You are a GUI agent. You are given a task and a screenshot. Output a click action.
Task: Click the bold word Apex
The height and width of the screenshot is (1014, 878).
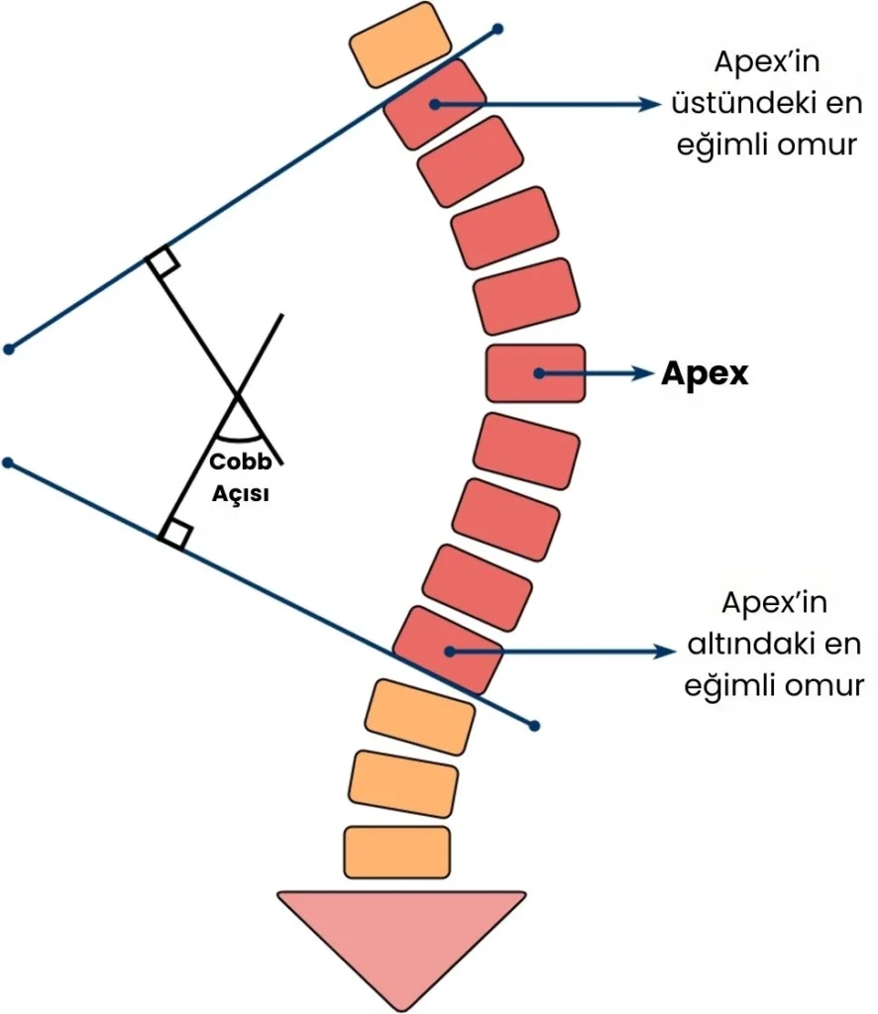[x=705, y=374]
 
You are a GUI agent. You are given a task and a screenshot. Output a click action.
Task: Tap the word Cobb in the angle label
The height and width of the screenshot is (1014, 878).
[x=241, y=461]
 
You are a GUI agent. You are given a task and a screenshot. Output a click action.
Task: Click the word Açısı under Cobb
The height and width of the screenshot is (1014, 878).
[x=241, y=493]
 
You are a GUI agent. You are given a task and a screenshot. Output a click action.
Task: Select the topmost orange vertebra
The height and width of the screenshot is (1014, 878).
[x=399, y=45]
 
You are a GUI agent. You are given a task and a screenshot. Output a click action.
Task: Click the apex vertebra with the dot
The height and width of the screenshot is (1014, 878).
[x=536, y=373]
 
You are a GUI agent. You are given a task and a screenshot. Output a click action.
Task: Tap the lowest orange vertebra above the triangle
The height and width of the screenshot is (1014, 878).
[x=396, y=852]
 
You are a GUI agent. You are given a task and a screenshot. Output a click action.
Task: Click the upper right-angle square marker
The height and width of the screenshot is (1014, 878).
[x=164, y=260]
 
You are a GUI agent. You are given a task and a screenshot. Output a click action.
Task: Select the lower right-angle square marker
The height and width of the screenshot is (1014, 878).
[x=176, y=534]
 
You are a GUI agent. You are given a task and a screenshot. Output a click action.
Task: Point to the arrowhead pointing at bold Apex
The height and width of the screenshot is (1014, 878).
[x=643, y=373]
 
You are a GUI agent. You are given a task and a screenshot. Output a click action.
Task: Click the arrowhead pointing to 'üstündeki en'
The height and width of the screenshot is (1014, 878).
[x=649, y=104]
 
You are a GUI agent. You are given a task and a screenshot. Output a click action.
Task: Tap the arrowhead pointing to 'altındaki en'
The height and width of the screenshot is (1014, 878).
[x=663, y=652]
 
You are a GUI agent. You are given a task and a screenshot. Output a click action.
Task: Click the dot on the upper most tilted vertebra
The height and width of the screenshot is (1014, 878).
[x=435, y=104]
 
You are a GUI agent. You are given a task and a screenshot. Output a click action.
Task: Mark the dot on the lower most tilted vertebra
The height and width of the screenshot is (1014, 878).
[x=450, y=652]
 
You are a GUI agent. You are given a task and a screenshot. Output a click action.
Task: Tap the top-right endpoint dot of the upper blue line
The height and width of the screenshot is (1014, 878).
[x=497, y=29]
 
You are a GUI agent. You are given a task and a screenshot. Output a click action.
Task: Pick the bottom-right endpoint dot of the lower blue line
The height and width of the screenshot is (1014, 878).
[x=534, y=726]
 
